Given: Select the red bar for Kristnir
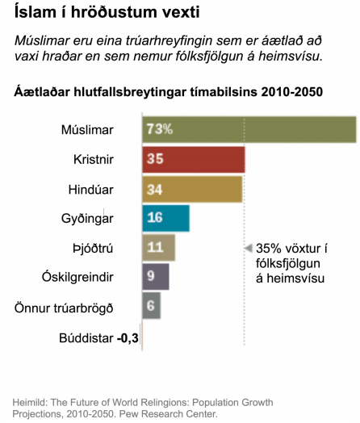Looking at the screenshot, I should [194, 159].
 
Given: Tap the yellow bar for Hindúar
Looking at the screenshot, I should [192, 189].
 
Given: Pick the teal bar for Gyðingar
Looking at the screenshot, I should [165, 218].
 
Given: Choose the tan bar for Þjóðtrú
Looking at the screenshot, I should [158, 247].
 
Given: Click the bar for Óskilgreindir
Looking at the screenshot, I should [156, 277].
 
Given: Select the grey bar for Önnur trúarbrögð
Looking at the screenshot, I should [151, 306].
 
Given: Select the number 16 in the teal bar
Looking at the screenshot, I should [155, 218].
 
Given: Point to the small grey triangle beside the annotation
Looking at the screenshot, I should [249, 248].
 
